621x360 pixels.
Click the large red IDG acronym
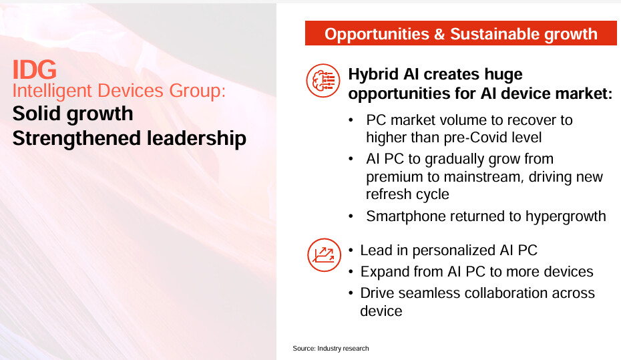click(x=35, y=69)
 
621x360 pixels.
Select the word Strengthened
click(x=77, y=138)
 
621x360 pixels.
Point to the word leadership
click(x=196, y=138)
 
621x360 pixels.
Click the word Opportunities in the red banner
click(x=377, y=34)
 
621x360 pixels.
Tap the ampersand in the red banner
click(x=439, y=34)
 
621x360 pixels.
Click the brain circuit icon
click(x=323, y=80)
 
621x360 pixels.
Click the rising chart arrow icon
click(x=324, y=254)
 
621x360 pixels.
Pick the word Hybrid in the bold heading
click(x=373, y=74)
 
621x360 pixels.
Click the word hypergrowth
click(x=566, y=216)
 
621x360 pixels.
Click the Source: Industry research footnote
click(x=331, y=349)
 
